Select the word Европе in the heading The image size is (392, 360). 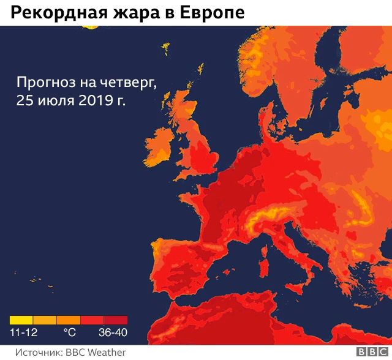211,12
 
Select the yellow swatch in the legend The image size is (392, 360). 21,320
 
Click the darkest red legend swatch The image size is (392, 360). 116,320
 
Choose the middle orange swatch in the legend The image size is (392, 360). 69,320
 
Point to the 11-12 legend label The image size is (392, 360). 23,334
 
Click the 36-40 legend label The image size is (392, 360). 113,334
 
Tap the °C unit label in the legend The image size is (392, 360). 70,334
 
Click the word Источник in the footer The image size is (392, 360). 37,352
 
